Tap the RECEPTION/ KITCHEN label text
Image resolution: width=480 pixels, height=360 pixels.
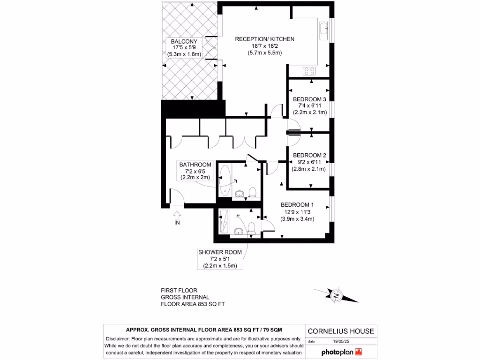(264, 39)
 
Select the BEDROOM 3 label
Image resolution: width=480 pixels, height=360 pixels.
(309, 99)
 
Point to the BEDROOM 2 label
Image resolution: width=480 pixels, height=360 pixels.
(309, 155)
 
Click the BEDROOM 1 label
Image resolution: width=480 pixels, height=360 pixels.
(297, 205)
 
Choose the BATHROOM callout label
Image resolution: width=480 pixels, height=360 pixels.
(195, 165)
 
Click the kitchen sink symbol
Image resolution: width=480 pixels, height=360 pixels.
(324, 30)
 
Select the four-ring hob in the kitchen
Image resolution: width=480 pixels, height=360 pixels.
(309, 71)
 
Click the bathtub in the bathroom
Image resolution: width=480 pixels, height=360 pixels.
(225, 180)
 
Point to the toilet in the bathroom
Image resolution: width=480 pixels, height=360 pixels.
(252, 192)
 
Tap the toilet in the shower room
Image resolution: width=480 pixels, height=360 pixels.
(251, 228)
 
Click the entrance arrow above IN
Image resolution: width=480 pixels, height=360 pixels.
(177, 215)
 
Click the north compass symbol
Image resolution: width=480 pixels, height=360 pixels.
(336, 295)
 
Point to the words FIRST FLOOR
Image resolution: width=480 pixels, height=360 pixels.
(179, 291)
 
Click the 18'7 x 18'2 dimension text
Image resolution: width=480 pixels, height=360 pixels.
(264, 46)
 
